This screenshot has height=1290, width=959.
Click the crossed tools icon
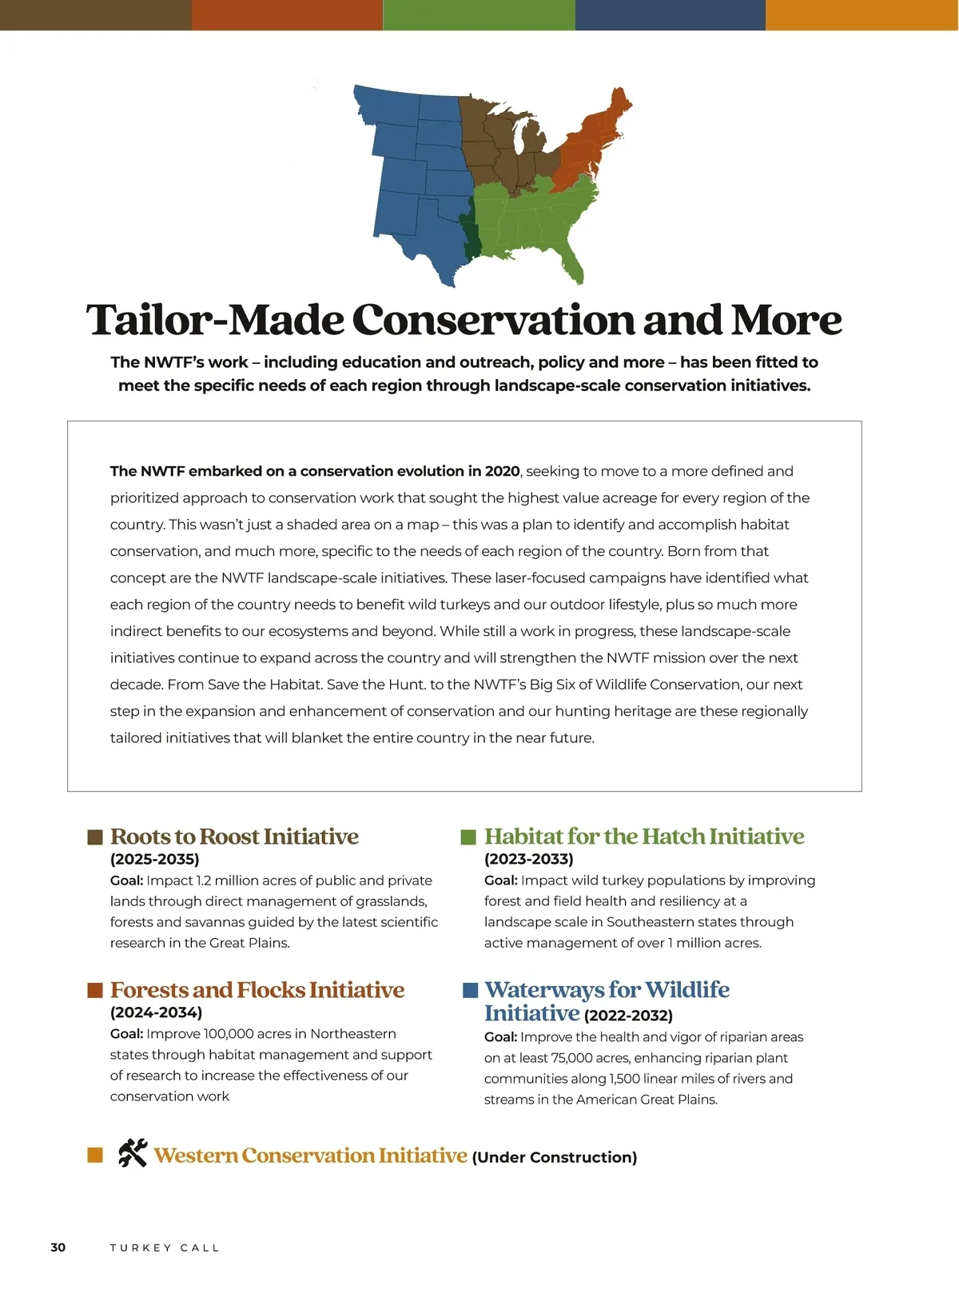[x=133, y=1152]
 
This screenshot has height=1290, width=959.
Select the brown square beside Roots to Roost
[x=95, y=837]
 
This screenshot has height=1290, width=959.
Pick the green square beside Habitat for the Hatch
[x=468, y=837]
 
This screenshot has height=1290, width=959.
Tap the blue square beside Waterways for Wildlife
[x=470, y=991]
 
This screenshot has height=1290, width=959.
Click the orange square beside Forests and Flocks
[x=95, y=991]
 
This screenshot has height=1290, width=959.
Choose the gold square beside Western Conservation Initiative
[x=95, y=1155]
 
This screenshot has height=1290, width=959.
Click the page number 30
[x=58, y=1248]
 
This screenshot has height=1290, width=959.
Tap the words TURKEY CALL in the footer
[x=165, y=1248]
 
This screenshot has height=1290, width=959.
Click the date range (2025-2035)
[x=154, y=860]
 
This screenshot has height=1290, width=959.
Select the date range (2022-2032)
[x=628, y=1016]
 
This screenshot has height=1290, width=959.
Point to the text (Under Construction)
[x=555, y=1157]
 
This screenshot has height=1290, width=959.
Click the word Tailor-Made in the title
[x=214, y=320]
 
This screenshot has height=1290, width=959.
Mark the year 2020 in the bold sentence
[x=502, y=471]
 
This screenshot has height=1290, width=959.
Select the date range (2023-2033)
[x=528, y=860]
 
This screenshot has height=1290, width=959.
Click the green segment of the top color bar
[x=479, y=14]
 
